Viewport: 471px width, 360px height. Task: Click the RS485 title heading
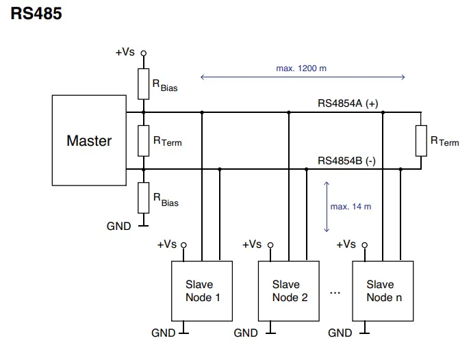click(36, 14)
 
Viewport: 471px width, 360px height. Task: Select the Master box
click(88, 140)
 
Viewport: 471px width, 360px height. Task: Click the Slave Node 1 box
click(199, 290)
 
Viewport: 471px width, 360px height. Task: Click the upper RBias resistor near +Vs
click(144, 83)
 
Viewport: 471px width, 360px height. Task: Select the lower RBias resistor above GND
click(144, 198)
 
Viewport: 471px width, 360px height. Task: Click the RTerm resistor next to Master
click(144, 140)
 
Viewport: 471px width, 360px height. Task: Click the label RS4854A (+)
click(348, 103)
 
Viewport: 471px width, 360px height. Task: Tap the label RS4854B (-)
click(347, 161)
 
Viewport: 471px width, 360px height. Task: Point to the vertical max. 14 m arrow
click(327, 206)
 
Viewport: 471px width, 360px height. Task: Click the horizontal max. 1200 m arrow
click(301, 77)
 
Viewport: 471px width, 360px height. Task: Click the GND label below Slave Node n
click(340, 333)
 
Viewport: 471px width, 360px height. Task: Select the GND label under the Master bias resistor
click(118, 226)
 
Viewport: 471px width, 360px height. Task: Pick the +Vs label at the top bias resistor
click(125, 52)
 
